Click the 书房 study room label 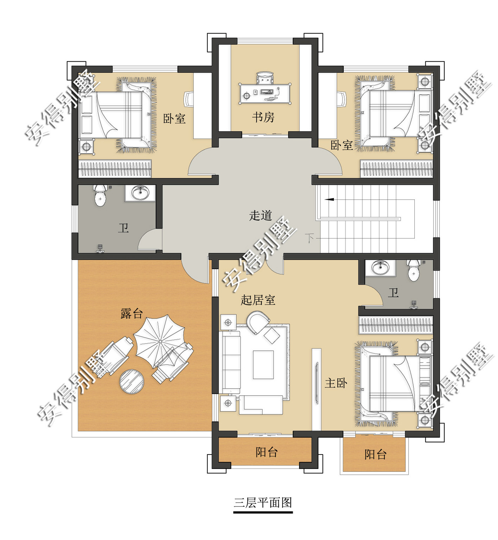point(263,117)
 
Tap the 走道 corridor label point(260,215)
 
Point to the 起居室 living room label point(258,300)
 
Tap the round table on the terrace point(132,382)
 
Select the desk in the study point(265,93)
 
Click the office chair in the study point(265,78)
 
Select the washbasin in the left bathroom point(140,193)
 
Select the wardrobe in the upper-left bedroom point(115,169)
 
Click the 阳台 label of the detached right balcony point(375,454)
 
